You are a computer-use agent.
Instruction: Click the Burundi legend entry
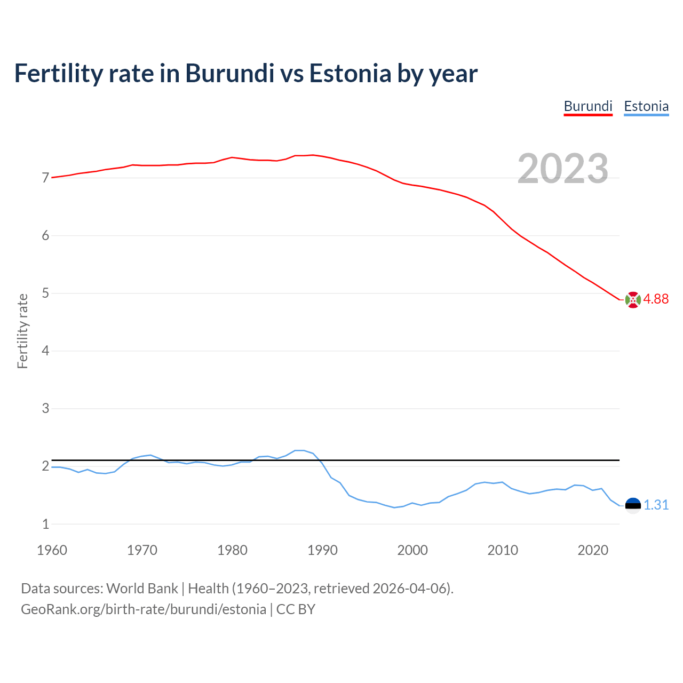[588, 106]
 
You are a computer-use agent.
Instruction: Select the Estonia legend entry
[646, 106]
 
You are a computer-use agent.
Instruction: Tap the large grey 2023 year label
[562, 169]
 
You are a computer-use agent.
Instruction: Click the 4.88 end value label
[656, 299]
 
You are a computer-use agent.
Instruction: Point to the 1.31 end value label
[656, 505]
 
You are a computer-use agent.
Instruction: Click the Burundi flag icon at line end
[633, 300]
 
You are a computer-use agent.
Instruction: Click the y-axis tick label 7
[45, 178]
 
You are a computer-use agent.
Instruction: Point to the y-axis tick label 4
[45, 351]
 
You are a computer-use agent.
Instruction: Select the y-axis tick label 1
[45, 524]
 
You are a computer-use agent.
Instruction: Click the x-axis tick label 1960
[52, 550]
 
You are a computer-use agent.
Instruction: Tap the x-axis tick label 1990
[322, 550]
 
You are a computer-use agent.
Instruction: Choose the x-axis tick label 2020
[593, 550]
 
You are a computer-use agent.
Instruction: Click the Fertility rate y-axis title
[22, 331]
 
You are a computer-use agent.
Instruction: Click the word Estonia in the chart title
[351, 73]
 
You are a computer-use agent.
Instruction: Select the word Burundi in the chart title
[229, 73]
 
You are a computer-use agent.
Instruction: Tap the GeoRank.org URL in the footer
[143, 609]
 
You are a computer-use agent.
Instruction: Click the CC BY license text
[296, 609]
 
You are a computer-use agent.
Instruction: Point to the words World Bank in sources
[142, 589]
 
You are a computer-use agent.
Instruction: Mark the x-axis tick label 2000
[412, 550]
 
